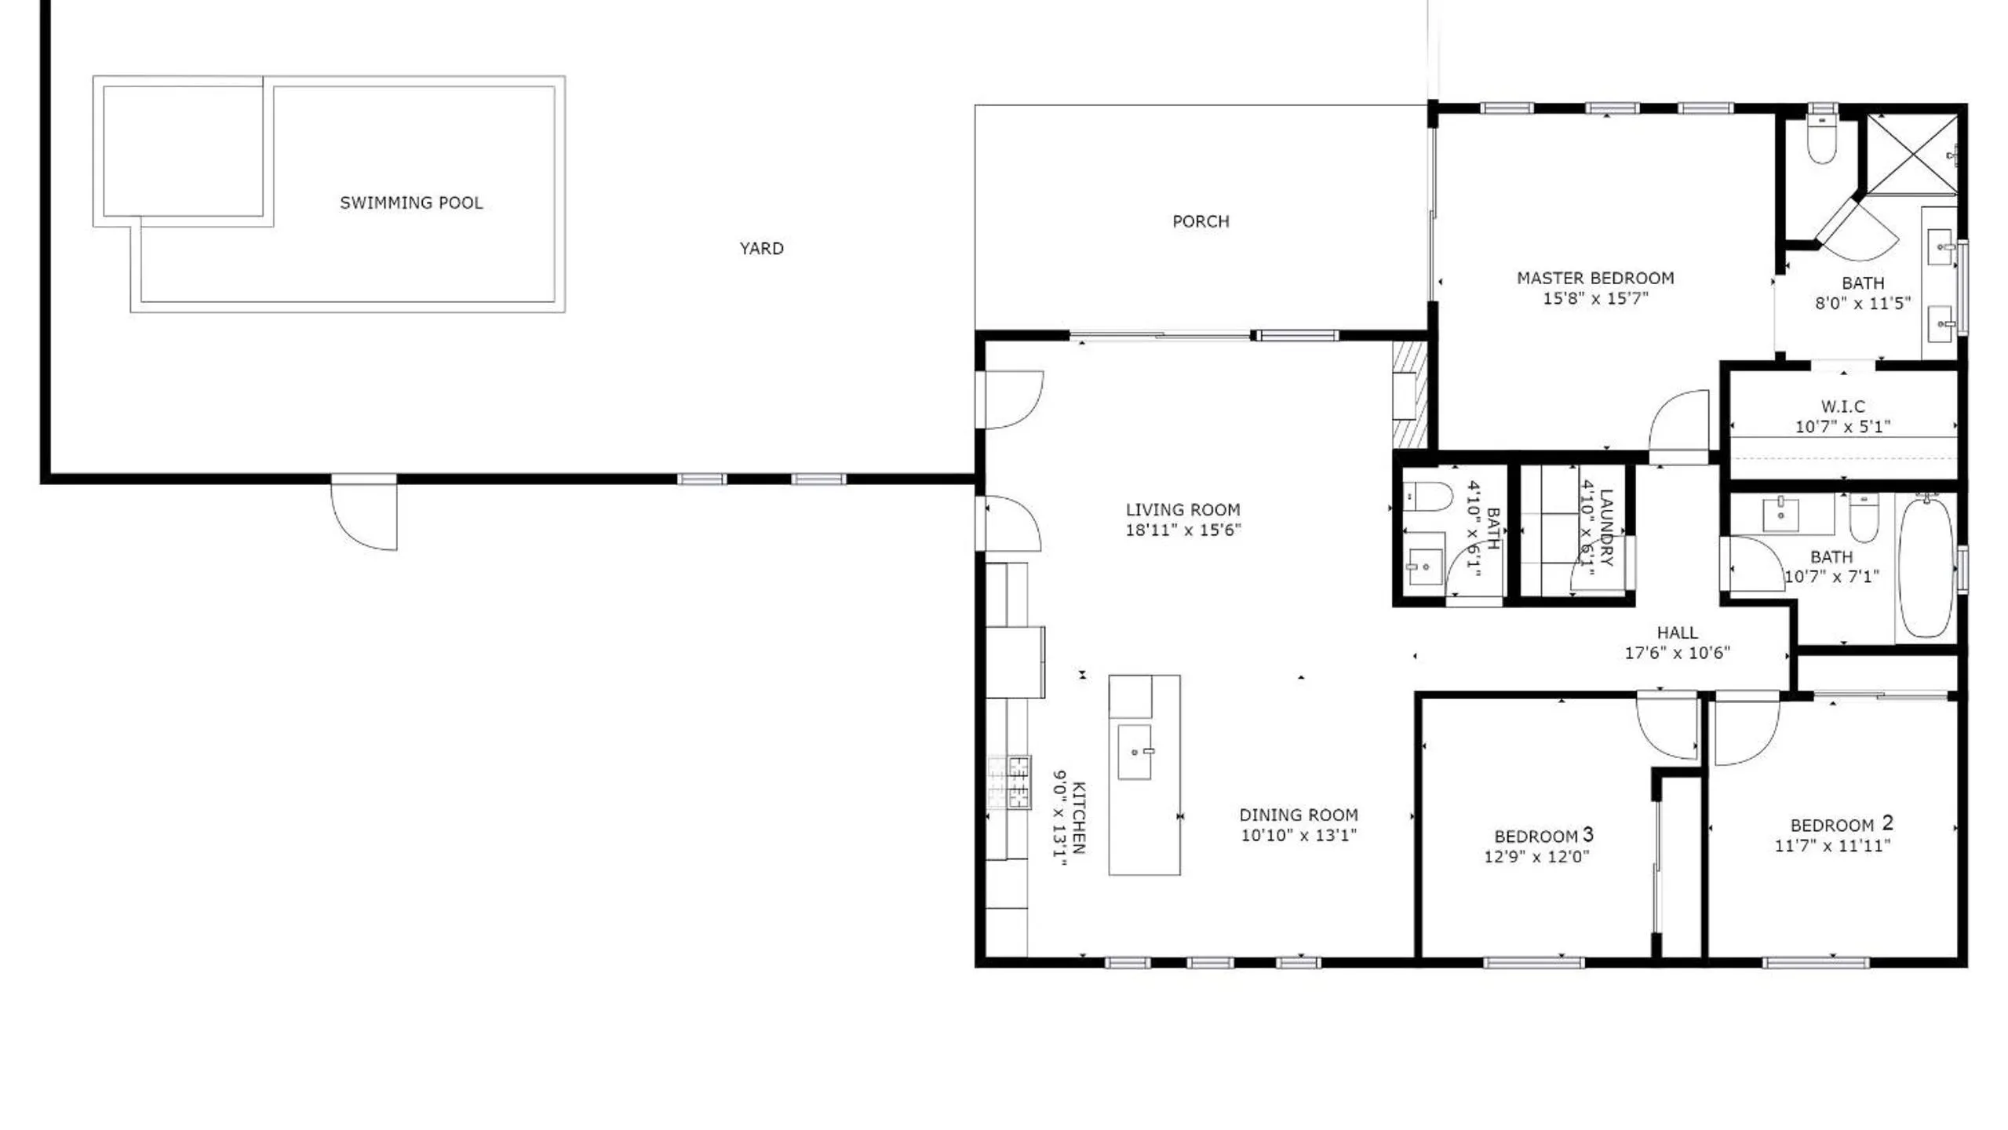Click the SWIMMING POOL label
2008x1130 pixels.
click(411, 202)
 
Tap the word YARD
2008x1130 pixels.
click(761, 249)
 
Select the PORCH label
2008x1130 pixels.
click(1201, 221)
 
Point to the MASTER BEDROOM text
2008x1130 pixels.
click(1595, 278)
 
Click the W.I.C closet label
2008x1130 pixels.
click(1843, 406)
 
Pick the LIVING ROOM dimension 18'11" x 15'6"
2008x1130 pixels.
click(1183, 530)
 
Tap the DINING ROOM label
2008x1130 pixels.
click(1299, 815)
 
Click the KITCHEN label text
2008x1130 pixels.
click(1079, 818)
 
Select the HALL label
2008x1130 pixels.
click(1678, 632)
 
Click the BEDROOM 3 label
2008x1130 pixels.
click(1543, 835)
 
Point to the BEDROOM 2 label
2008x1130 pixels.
click(1842, 824)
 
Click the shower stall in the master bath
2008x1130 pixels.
click(1911, 154)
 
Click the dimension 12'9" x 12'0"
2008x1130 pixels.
click(1536, 857)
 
